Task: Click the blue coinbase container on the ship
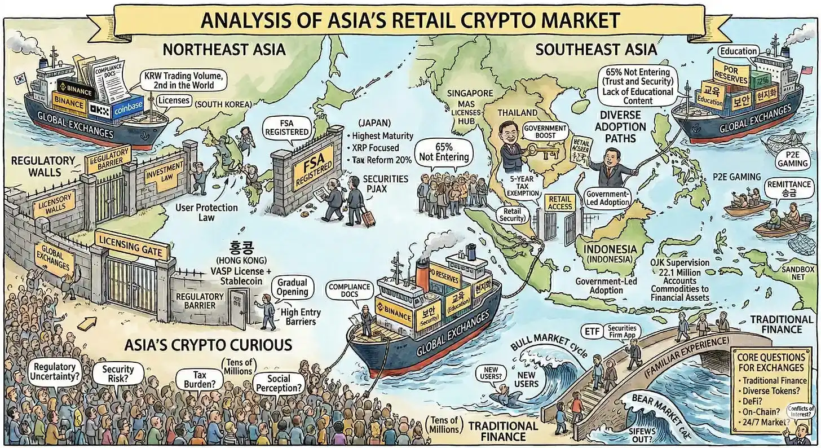127,110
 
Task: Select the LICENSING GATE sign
133,247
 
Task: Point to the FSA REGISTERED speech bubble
293,128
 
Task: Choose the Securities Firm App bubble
622,332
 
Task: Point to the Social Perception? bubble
279,384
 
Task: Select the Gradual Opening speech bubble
292,287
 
